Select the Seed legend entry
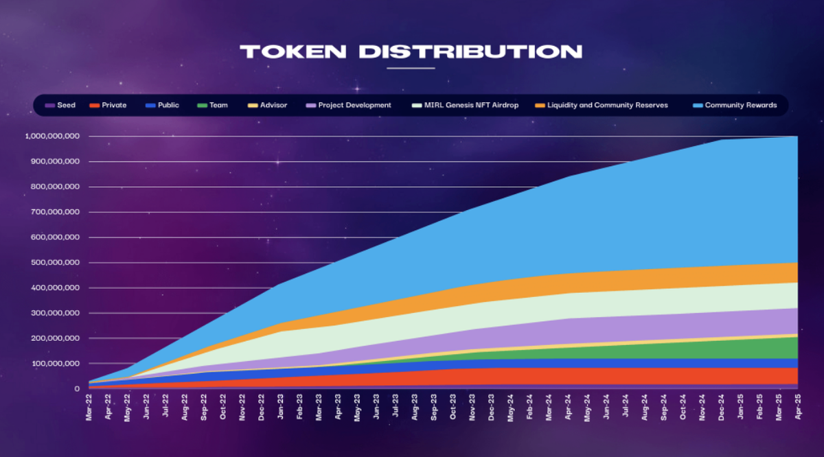(x=61, y=105)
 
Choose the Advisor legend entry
(x=268, y=105)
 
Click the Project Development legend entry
(x=350, y=105)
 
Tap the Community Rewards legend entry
(x=734, y=105)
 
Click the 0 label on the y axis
(x=78, y=389)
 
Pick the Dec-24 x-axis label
(x=720, y=406)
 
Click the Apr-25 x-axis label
(x=797, y=406)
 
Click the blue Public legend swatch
(x=150, y=105)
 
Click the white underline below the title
(x=411, y=69)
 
